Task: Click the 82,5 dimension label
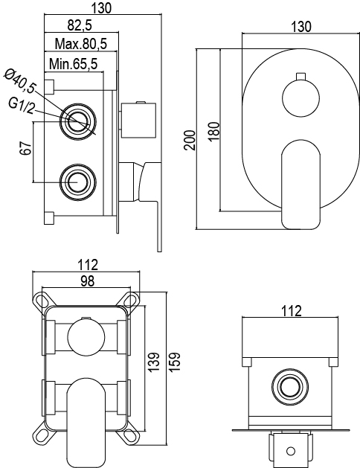(80, 25)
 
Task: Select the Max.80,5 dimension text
(81, 44)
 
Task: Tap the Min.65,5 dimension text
(74, 63)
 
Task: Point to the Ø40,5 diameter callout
(20, 80)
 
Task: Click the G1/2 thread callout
(21, 106)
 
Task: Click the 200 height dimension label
(190, 140)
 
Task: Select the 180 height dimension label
(214, 132)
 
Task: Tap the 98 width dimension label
(88, 281)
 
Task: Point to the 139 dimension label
(154, 362)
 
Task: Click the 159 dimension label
(175, 362)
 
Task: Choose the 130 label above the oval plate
(301, 27)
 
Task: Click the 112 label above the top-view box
(292, 311)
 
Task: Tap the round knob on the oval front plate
(300, 98)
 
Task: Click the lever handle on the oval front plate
(301, 185)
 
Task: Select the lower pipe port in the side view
(78, 182)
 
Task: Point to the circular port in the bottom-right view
(290, 387)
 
